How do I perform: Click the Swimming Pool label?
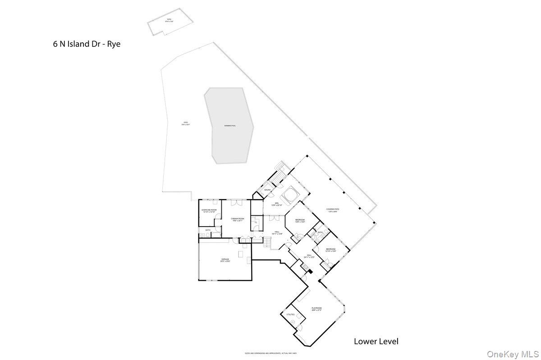point(230,126)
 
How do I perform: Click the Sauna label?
point(267,191)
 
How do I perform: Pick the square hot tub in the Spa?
point(288,195)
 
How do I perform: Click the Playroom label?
point(316,309)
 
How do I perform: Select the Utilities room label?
point(290,314)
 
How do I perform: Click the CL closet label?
point(256,222)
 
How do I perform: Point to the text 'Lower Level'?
point(376,341)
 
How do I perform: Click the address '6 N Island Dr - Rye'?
point(87,44)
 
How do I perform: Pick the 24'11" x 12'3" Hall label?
point(309,256)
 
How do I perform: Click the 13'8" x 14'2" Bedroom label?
point(300,221)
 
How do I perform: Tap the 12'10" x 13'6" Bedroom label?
point(331,250)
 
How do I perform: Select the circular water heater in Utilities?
point(293,321)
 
